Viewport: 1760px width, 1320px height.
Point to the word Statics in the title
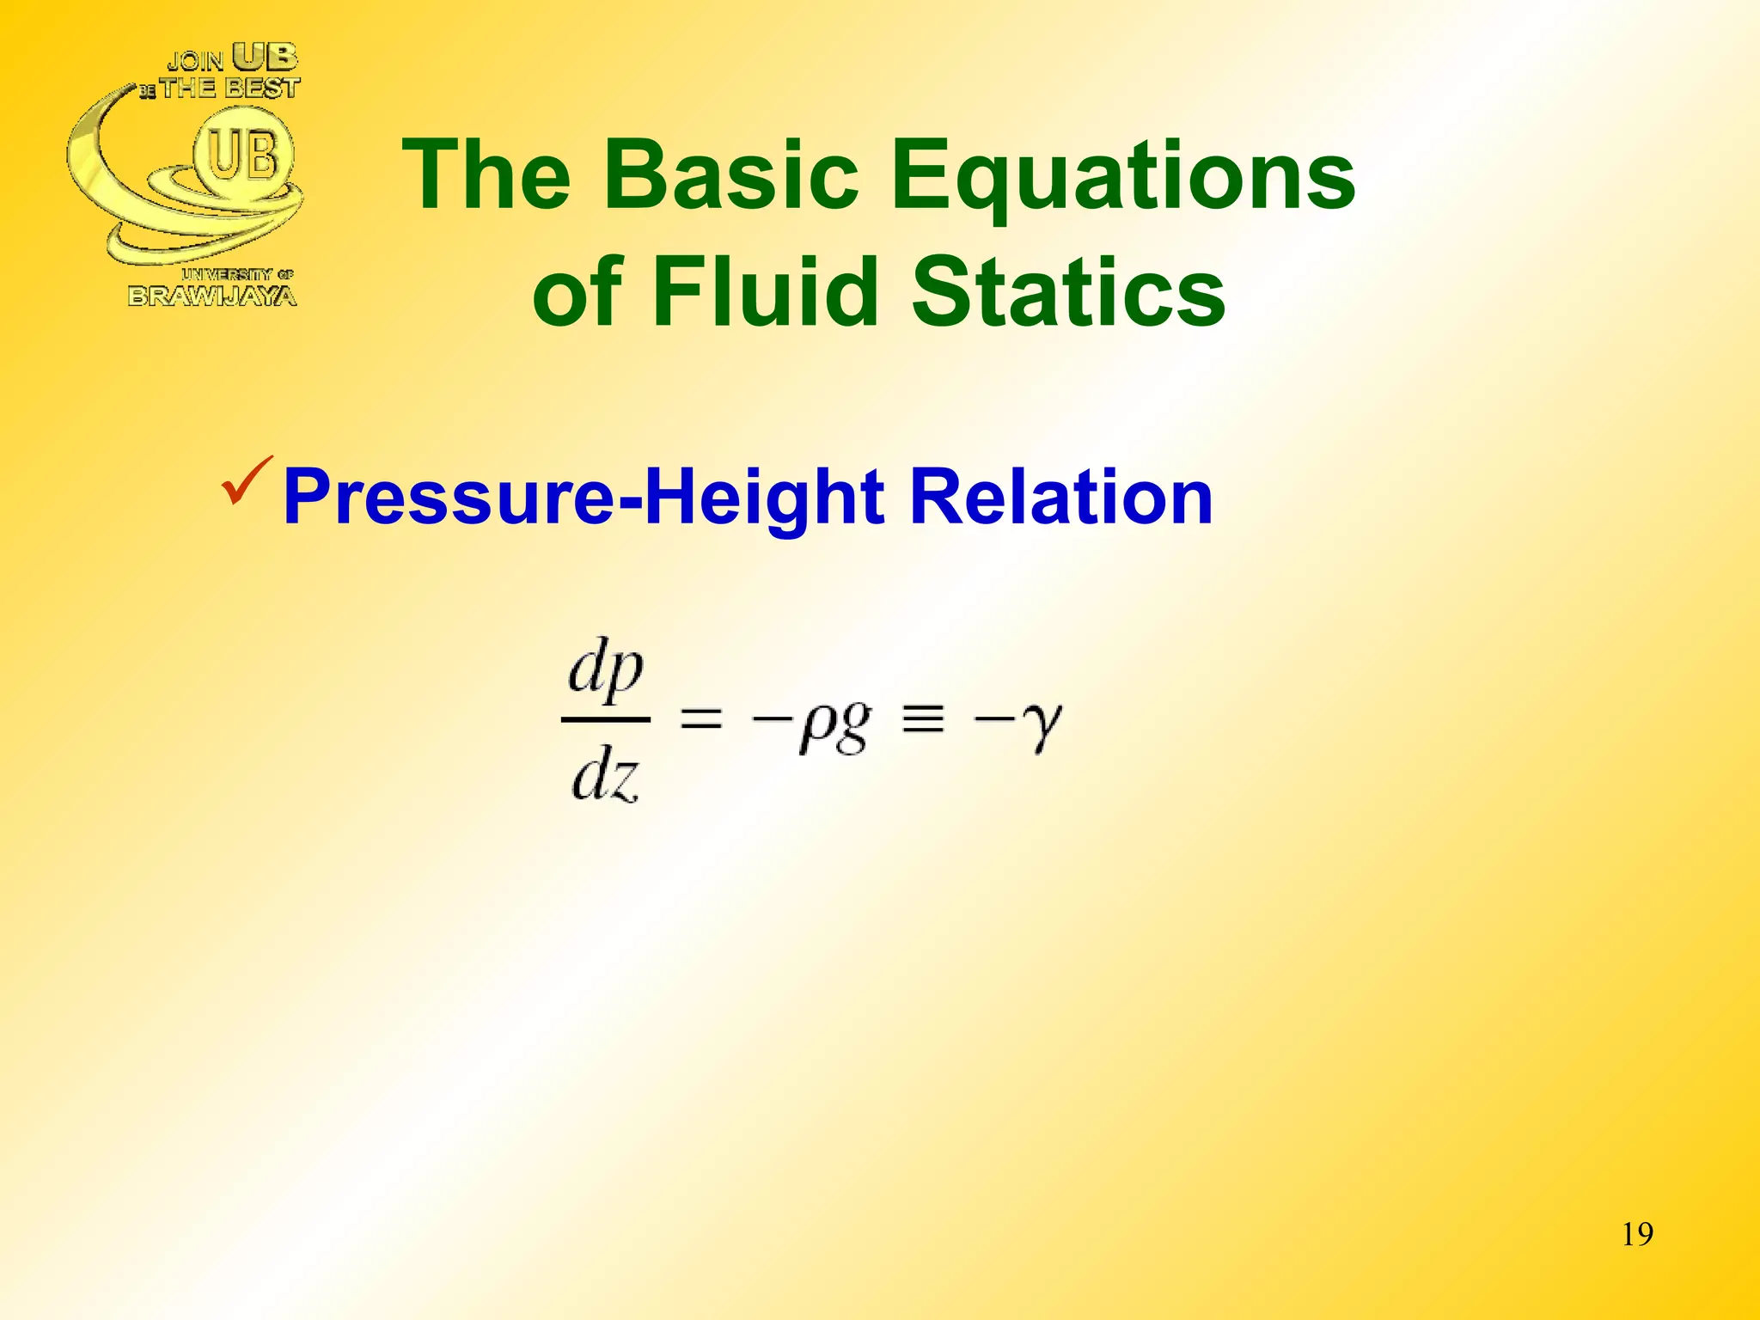point(1067,292)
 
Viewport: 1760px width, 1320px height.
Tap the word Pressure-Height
point(584,498)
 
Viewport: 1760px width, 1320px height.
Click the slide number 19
point(1637,1234)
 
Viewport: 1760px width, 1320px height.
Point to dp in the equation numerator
point(606,671)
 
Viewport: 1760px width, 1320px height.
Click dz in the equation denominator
point(605,776)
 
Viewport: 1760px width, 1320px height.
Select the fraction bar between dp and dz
point(605,719)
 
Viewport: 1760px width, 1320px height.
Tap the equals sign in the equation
point(701,719)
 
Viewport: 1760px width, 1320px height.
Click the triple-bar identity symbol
point(923,719)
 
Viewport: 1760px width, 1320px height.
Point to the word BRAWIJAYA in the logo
point(212,296)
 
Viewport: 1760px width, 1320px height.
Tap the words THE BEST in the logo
point(229,88)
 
